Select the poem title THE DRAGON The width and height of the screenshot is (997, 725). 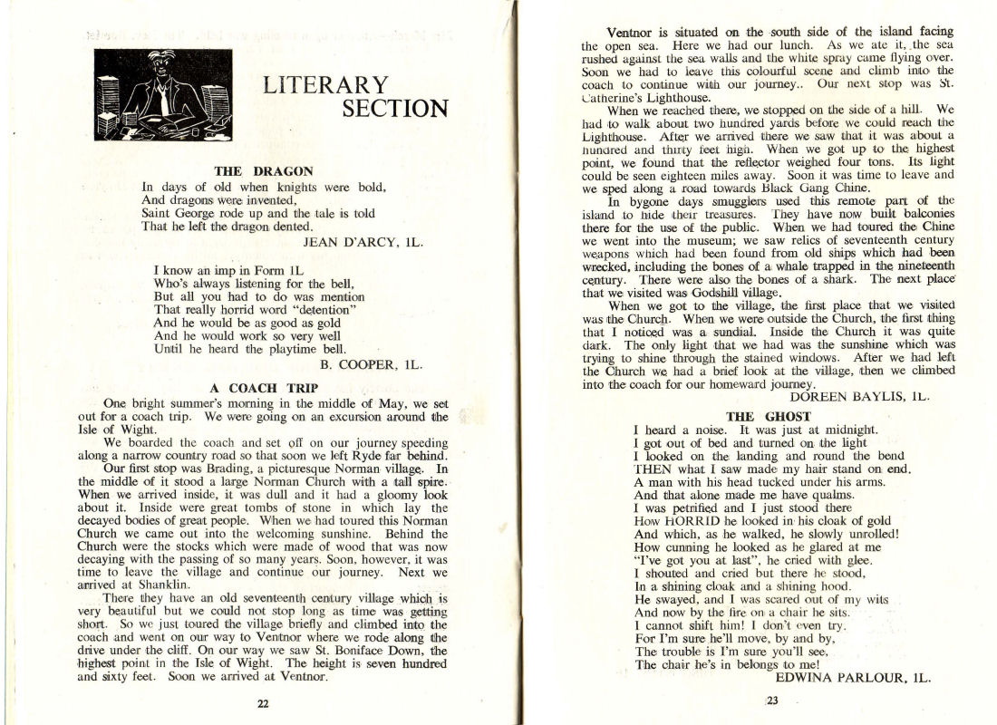click(264, 170)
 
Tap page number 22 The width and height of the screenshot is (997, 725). click(263, 704)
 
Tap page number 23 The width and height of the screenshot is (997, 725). click(773, 700)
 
